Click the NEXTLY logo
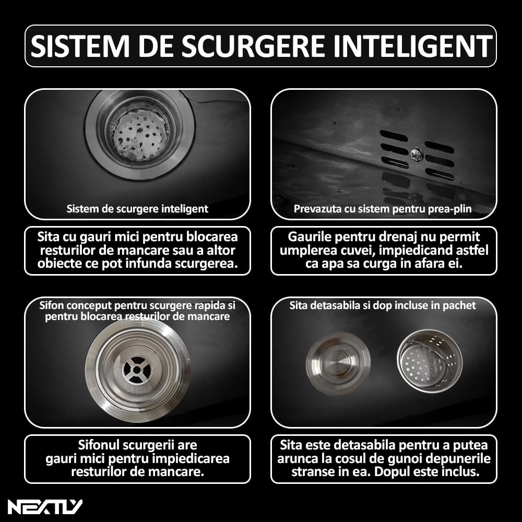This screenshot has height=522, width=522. click(x=45, y=507)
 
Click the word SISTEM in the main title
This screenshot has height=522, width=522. click(x=80, y=46)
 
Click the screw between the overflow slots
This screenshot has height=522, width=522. click(x=416, y=154)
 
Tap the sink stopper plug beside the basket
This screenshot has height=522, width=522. click(x=338, y=363)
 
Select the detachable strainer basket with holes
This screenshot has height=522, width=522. click(x=430, y=362)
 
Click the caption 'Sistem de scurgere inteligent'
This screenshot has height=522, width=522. click(x=137, y=209)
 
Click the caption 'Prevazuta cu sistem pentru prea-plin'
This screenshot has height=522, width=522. click(x=383, y=209)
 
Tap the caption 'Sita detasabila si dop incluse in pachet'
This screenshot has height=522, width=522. click(x=383, y=305)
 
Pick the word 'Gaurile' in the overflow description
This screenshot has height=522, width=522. click(x=309, y=236)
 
